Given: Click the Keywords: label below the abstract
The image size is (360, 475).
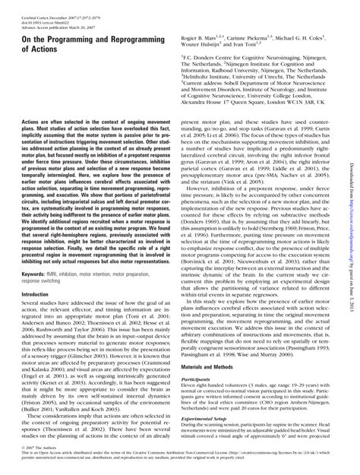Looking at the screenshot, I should click(x=36, y=250).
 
